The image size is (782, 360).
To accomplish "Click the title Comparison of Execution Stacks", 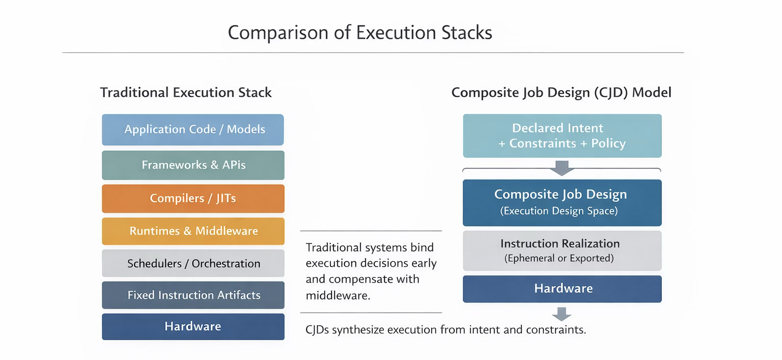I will (360, 33).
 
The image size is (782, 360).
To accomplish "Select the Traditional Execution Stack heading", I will (186, 93).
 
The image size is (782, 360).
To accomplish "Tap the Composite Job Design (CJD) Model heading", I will (562, 93).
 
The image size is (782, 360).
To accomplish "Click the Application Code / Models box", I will (193, 130).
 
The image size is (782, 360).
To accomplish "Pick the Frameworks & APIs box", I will (193, 165).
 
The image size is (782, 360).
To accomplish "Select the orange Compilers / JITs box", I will (193, 199).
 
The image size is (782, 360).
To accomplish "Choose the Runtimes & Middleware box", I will (193, 231).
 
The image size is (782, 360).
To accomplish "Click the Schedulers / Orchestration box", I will (193, 264).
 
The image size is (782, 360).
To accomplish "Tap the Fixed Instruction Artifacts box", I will (193, 295).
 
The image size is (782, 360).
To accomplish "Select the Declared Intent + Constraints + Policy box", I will (562, 135).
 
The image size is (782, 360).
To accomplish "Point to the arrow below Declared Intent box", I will (562, 168).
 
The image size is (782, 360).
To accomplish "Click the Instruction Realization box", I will (562, 251).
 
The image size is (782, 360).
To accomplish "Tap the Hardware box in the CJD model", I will (562, 289).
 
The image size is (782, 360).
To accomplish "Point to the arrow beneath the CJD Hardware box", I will (562, 314).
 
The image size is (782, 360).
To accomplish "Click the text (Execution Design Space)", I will (559, 211).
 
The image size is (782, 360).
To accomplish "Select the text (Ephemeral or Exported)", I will (559, 259).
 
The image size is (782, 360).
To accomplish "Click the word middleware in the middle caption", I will (337, 295).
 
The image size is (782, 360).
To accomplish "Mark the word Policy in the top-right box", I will (608, 144).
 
